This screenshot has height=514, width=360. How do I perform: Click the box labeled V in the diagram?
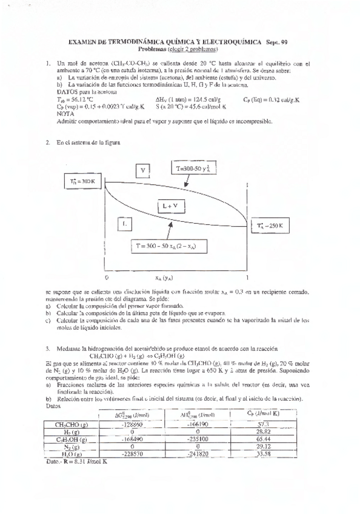142,170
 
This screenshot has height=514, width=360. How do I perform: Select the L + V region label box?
173,206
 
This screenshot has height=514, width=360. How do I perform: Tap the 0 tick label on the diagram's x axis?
107,276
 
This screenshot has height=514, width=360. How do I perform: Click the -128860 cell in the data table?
133,424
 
